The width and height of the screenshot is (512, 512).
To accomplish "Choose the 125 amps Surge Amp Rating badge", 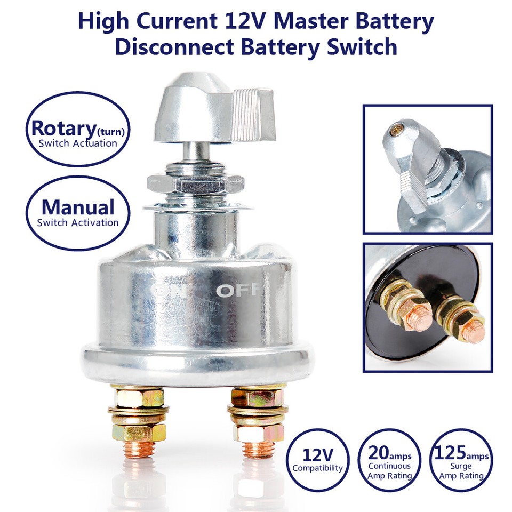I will (x=460, y=460).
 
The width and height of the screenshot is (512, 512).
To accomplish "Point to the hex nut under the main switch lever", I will (x=201, y=184).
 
